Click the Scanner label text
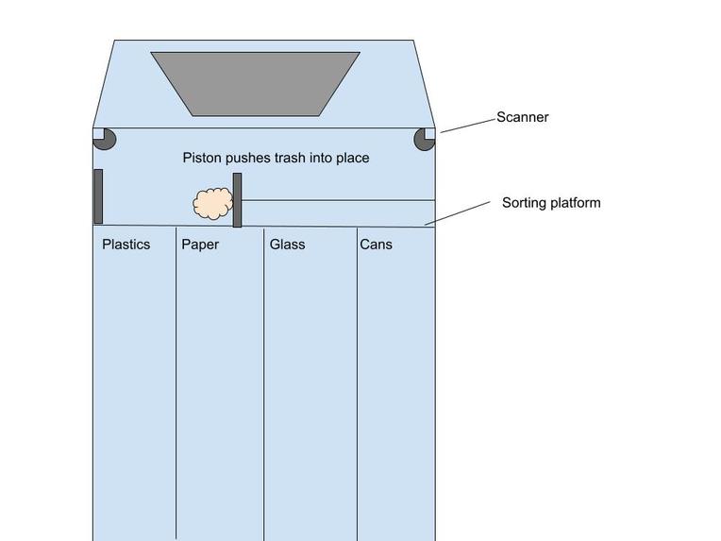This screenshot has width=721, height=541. (x=523, y=118)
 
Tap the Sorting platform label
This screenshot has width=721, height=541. (x=550, y=203)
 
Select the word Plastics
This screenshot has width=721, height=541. (x=126, y=245)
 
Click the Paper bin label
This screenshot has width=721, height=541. (x=200, y=245)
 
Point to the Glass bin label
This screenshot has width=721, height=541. (x=287, y=245)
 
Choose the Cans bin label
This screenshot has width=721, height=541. (x=376, y=245)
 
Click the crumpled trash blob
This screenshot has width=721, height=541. (x=212, y=204)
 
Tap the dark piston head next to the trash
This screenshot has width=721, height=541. (x=237, y=200)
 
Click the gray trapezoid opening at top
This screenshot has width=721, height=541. (x=255, y=83)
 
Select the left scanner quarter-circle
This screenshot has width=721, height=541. (x=105, y=139)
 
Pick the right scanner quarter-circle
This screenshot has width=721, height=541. (x=424, y=139)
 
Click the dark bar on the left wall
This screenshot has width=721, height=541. (x=98, y=196)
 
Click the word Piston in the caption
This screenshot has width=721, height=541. (x=202, y=159)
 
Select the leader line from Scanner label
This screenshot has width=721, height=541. (x=468, y=125)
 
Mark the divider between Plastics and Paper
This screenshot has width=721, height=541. (x=176, y=378)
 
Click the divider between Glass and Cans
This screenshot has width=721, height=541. (x=357, y=378)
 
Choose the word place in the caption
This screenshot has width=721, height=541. (x=353, y=159)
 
